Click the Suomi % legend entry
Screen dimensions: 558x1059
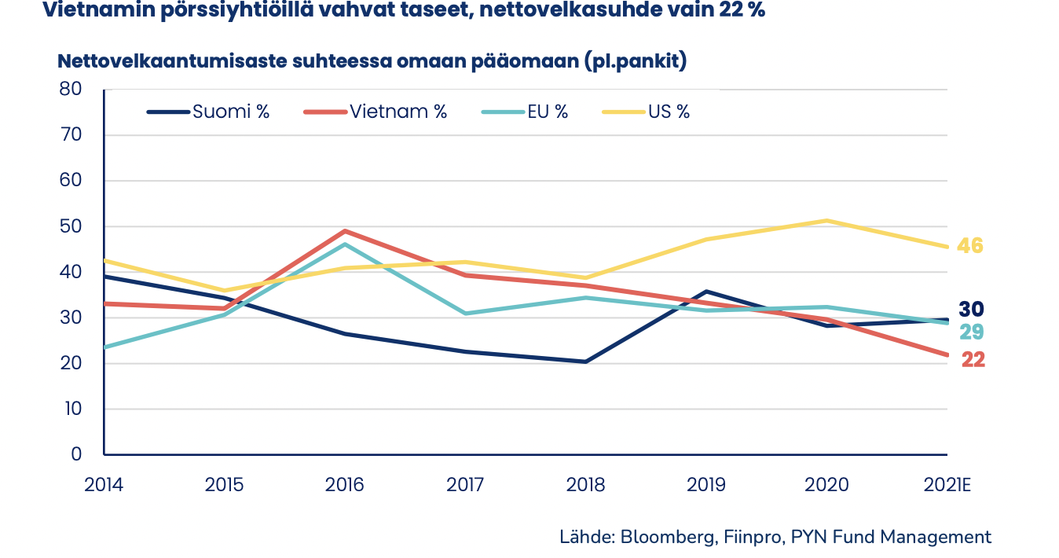click(208, 112)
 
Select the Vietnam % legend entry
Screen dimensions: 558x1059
click(376, 112)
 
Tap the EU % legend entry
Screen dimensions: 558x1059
click(524, 112)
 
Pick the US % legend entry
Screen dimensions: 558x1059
click(646, 112)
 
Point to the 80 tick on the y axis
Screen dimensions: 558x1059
click(71, 90)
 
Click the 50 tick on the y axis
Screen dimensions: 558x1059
click(71, 226)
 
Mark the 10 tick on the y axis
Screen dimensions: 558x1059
click(71, 409)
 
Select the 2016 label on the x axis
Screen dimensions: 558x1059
click(345, 484)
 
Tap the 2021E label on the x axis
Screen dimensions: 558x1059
click(947, 484)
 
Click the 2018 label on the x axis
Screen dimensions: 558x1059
click(586, 484)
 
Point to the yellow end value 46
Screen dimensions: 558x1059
click(970, 246)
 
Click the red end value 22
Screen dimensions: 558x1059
click(973, 360)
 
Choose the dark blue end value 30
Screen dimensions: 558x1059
click(971, 310)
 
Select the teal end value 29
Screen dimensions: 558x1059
click(971, 332)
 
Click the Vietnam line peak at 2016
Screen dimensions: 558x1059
click(345, 231)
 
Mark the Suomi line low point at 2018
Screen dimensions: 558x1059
click(586, 362)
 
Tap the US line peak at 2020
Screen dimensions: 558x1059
click(826, 221)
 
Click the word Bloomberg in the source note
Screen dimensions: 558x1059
click(667, 538)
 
